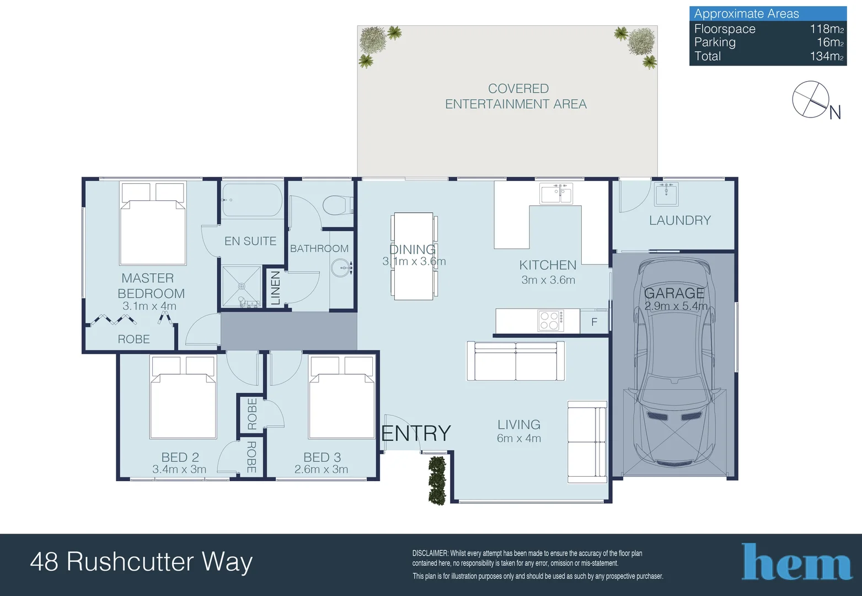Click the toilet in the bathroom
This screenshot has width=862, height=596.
[338, 206]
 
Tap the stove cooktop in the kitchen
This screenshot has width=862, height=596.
[551, 321]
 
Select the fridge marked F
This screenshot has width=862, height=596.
[594, 322]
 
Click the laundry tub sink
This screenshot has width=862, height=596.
[666, 194]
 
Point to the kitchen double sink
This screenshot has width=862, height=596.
[556, 193]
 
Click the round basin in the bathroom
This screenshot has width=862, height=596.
[341, 268]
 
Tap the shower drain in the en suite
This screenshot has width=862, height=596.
[242, 286]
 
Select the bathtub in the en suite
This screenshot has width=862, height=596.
[252, 200]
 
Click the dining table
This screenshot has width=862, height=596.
[414, 256]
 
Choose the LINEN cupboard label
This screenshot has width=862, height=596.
[275, 288]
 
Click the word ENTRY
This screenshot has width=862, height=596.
[416, 433]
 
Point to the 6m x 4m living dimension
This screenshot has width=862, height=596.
[519, 438]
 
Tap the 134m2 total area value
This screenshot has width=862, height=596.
[827, 56]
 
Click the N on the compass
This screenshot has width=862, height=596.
[834, 113]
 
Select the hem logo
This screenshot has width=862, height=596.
[796, 561]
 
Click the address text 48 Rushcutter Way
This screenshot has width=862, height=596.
[141, 562]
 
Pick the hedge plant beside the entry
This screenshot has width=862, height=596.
[437, 480]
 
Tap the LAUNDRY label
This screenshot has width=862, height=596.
[680, 220]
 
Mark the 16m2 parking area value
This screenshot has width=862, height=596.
[830, 42]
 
